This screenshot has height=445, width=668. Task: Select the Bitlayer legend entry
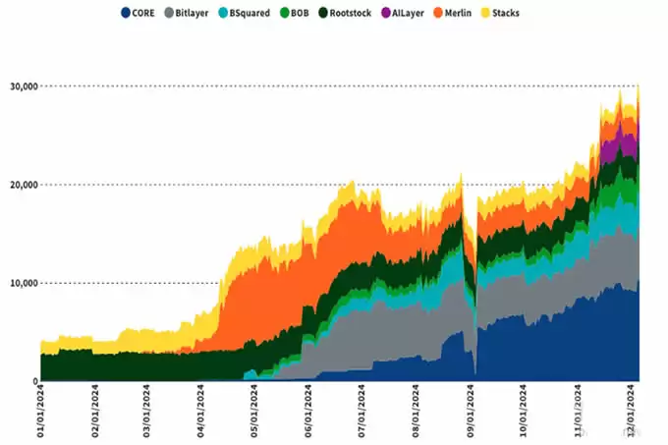(x=192, y=14)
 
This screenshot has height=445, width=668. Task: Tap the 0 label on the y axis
(x=33, y=381)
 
